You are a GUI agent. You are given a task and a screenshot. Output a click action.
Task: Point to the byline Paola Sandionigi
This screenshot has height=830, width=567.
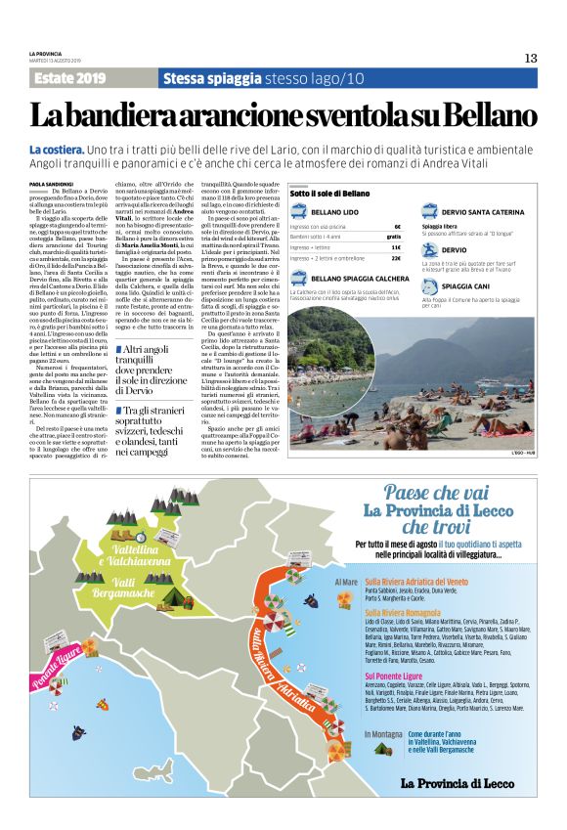click(52, 182)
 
